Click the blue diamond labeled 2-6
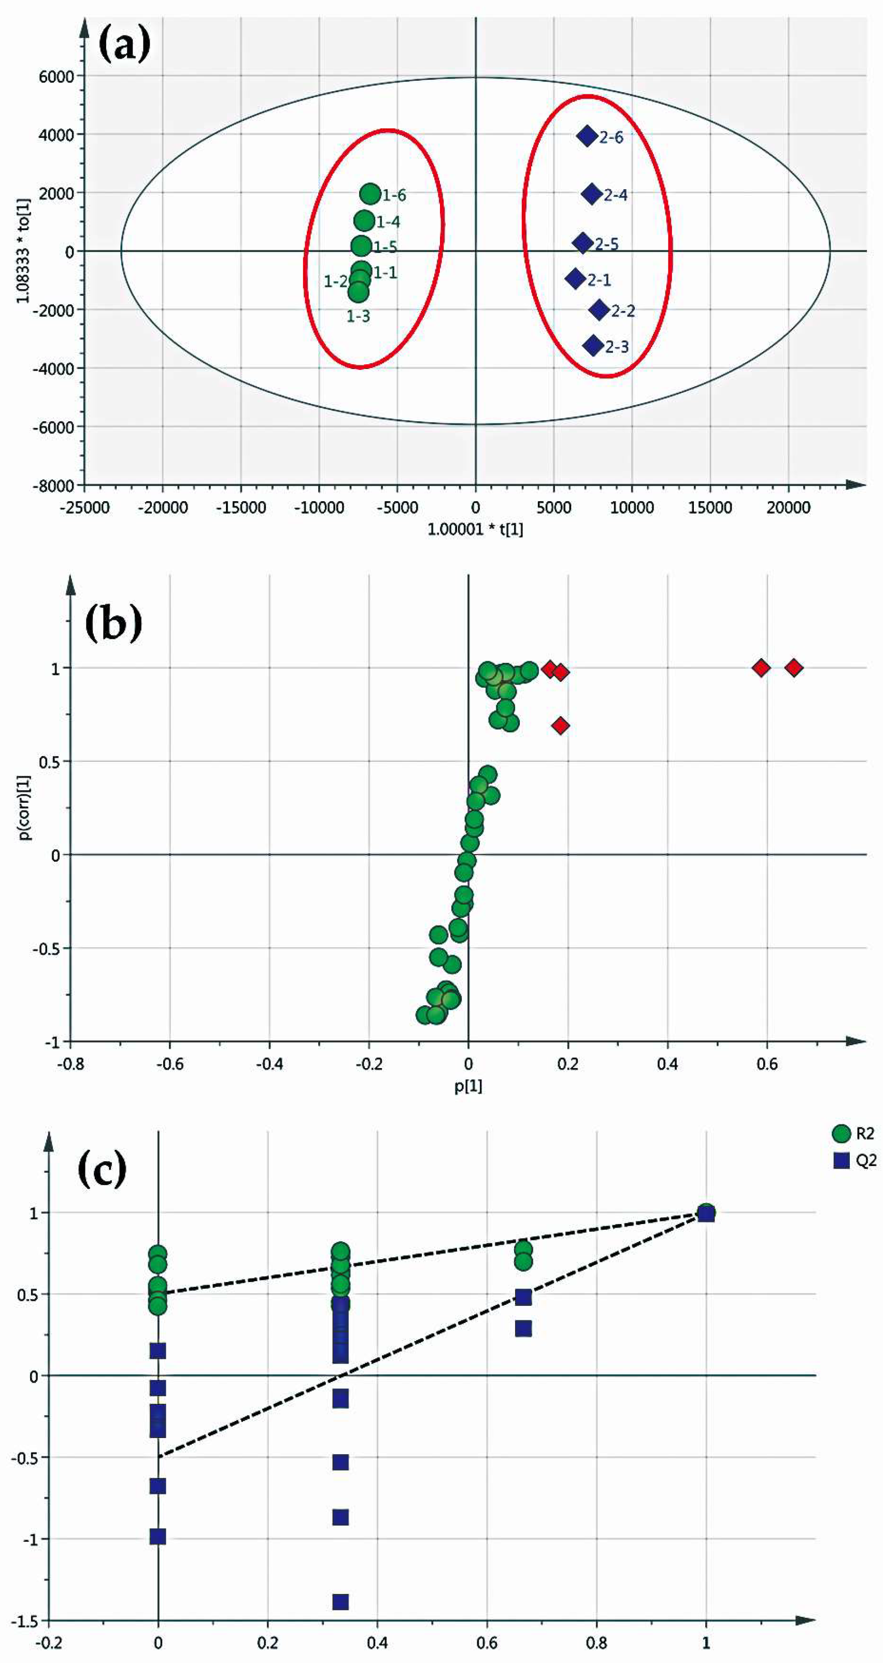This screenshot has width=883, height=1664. point(587,136)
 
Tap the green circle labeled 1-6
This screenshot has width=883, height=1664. point(370,193)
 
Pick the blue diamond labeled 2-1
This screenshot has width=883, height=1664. point(575,278)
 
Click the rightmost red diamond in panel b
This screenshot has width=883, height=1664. point(794,667)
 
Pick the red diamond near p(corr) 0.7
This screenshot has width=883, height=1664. point(561,726)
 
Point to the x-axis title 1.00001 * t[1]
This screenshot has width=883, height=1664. point(475,530)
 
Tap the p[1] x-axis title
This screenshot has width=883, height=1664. point(468,1085)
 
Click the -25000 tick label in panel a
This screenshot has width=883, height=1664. point(84,508)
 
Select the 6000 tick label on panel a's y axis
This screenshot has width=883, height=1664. point(56,76)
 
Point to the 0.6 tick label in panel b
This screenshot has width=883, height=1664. point(767,1063)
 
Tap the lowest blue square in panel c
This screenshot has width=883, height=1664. point(340,1601)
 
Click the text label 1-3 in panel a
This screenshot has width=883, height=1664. point(359,317)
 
